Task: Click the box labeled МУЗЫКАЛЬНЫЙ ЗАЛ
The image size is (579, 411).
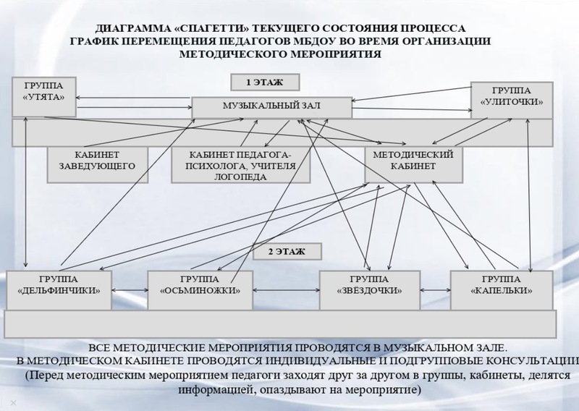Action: pos(272,108)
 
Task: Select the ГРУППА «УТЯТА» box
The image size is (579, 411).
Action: pos(44,97)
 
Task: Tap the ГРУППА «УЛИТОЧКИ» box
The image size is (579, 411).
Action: pos(512,100)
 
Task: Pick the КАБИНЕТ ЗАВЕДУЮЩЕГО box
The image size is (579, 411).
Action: pos(98,165)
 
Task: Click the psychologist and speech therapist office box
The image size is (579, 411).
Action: pos(241,165)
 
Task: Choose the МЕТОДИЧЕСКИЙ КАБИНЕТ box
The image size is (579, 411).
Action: pos(413,165)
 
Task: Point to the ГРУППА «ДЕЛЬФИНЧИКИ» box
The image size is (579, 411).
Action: pos(59,290)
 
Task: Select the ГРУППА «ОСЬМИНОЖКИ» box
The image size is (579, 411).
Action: pos(200,290)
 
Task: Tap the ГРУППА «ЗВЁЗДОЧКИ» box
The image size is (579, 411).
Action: pos(370,290)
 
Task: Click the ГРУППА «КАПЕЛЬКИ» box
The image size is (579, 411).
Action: pos(502,290)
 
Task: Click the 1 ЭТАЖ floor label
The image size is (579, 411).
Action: pos(265,82)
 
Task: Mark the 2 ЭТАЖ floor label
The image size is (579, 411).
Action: pos(287,252)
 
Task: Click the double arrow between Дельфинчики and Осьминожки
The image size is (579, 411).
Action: pos(130,290)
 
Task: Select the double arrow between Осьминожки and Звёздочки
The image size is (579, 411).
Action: pos(286,290)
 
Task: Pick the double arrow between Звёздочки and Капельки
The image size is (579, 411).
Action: pos(436,290)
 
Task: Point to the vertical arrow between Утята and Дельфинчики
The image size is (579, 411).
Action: pos(25,192)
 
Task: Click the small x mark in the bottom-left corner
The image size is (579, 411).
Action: pos(13,402)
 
